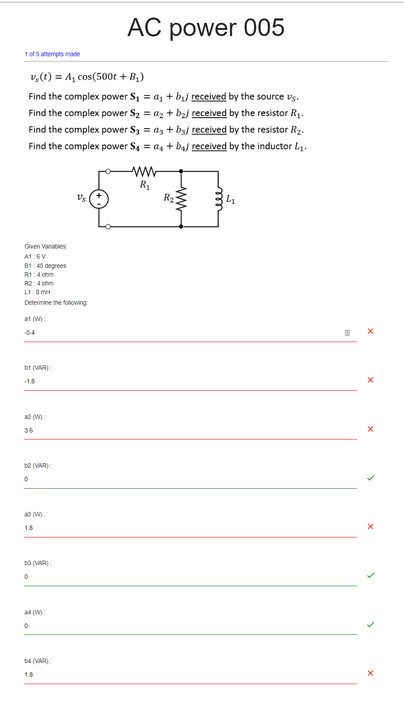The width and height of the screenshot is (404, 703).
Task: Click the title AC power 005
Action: [206, 28]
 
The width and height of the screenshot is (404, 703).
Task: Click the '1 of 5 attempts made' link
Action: [52, 54]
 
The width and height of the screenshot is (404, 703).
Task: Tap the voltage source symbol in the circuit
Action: [99, 199]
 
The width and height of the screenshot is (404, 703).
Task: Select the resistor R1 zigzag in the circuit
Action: [144, 171]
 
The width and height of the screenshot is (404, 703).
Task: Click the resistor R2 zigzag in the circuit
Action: [181, 198]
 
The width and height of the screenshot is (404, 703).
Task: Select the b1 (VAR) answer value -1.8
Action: [30, 381]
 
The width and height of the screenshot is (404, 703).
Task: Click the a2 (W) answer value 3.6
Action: [29, 430]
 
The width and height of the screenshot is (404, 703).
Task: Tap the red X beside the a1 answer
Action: [371, 331]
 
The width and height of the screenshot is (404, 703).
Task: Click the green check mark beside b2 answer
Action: [371, 478]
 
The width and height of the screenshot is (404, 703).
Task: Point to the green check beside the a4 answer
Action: [371, 624]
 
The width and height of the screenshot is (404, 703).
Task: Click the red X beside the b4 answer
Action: [371, 673]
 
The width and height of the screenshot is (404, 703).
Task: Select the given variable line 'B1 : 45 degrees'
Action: [45, 266]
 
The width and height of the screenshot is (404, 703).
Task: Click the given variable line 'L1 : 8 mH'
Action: [37, 292]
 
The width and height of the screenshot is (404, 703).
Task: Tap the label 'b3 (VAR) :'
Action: [38, 563]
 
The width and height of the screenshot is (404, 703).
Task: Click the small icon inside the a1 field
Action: [347, 333]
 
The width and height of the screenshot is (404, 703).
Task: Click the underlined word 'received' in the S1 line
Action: [209, 97]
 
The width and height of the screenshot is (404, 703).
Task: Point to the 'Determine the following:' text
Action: [56, 303]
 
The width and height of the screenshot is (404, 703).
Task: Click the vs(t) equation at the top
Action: [87, 77]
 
